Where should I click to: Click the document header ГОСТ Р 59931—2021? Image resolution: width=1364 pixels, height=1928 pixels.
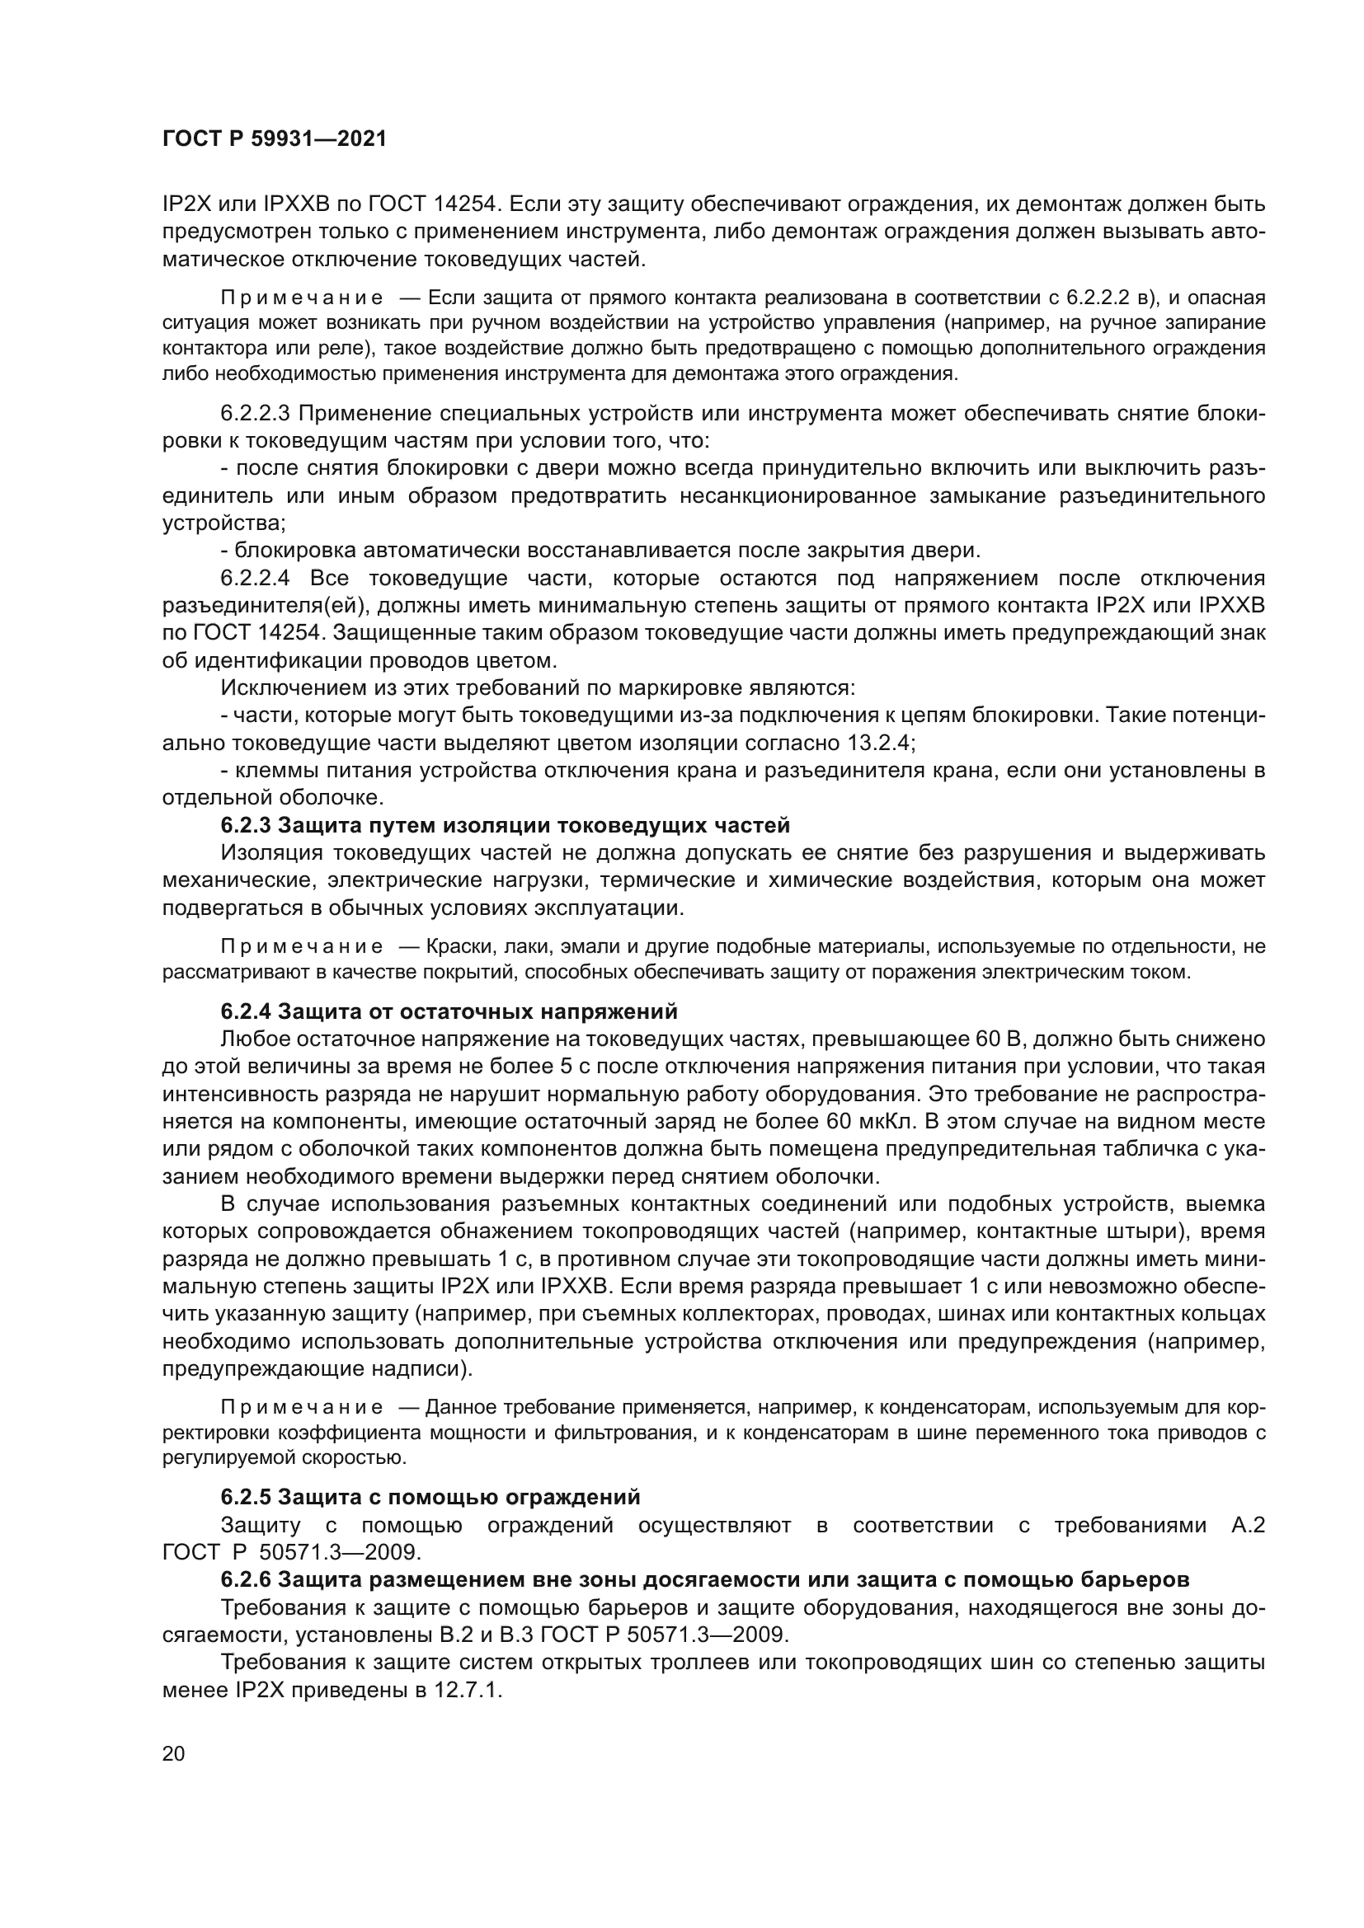274,139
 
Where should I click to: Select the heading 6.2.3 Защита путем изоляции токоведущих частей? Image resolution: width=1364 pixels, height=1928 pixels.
505,825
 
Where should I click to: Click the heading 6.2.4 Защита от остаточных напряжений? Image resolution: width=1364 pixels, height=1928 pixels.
449,1011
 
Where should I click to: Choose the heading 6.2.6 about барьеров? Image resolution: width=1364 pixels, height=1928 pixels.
704,1579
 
